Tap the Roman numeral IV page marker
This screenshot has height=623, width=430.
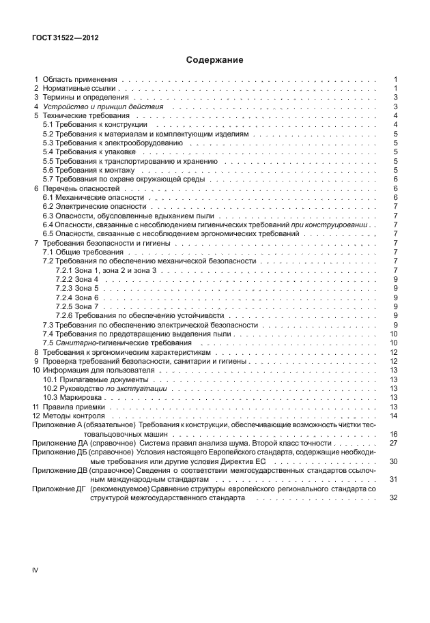pyautogui.click(x=36, y=569)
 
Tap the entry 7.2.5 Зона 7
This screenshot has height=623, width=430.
pyautogui.click(x=77, y=306)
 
